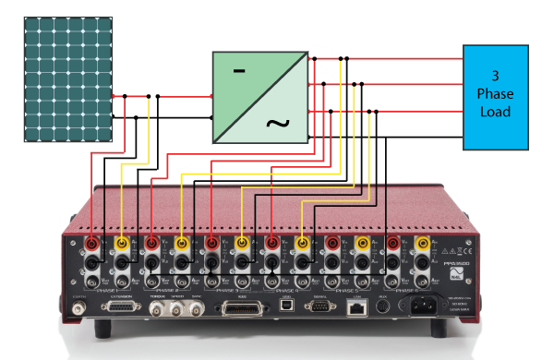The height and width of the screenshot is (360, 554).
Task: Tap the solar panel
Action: [68, 74]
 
